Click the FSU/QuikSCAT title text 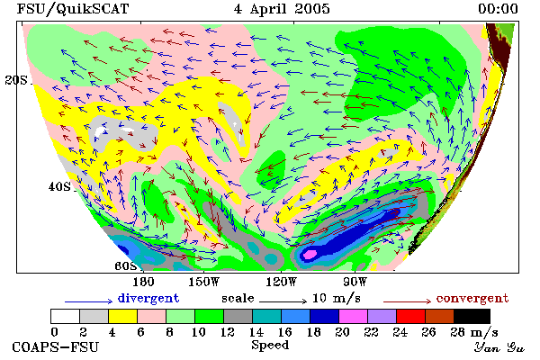(73, 9)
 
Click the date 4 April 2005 (282, 9)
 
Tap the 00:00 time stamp (498, 9)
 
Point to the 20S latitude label (16, 80)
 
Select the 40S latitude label (59, 186)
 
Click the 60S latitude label (126, 265)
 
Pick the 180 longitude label (143, 282)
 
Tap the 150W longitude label (204, 282)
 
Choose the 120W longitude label (281, 282)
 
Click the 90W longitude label (355, 282)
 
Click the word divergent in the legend (148, 298)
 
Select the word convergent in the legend (472, 298)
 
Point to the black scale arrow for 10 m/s (283, 301)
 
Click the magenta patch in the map (310, 254)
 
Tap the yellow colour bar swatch (122, 316)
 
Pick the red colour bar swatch (411, 316)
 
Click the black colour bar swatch (472, 316)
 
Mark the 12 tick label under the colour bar (228, 332)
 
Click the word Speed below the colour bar (270, 346)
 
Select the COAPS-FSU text (56, 346)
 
